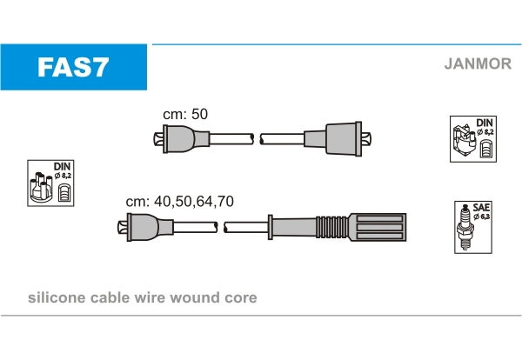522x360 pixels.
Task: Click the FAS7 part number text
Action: click(x=73, y=67)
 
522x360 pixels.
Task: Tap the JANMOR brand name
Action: click(x=478, y=63)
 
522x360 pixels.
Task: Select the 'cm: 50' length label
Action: click(x=185, y=114)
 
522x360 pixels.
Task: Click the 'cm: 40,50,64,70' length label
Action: click(x=180, y=201)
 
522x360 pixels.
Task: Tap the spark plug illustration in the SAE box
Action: click(x=465, y=227)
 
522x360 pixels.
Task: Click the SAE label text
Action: click(x=481, y=208)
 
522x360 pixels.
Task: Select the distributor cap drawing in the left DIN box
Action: click(x=41, y=187)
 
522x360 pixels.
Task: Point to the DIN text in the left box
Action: click(x=63, y=166)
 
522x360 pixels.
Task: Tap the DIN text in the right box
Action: click(x=485, y=123)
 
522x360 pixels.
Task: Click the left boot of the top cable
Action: click(x=186, y=139)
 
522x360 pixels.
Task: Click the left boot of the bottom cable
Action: click(x=150, y=227)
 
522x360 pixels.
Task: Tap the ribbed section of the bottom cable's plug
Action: click(x=332, y=227)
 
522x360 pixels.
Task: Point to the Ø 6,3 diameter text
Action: click(x=481, y=217)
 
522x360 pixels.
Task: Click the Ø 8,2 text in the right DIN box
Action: click(x=485, y=132)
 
